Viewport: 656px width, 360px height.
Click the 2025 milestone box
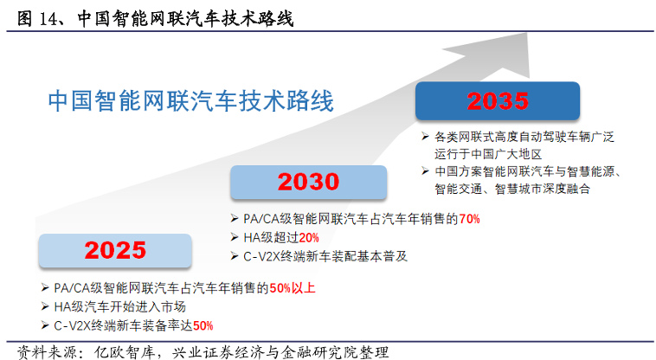coord(109,250)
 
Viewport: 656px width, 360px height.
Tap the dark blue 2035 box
coord(498,101)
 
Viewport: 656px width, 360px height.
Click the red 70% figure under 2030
coord(469,219)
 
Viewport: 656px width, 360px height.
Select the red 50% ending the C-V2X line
coord(203,325)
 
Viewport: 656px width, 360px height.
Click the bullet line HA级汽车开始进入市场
coord(120,307)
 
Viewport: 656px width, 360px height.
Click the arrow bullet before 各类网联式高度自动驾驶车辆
coord(426,136)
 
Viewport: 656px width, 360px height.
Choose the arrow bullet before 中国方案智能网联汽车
coord(426,170)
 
